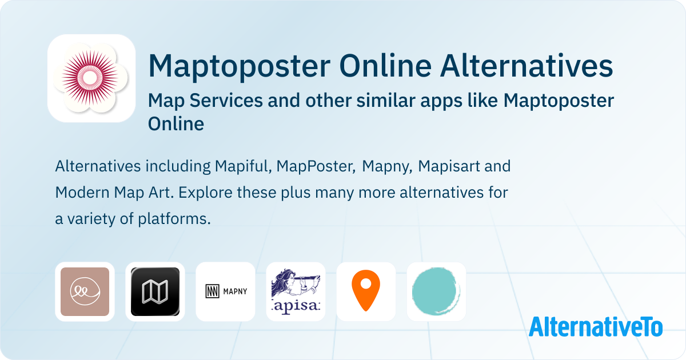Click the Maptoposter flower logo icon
pyautogui.click(x=91, y=78)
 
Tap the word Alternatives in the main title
pyautogui.click(x=527, y=66)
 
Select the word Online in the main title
pyautogui.click(x=385, y=66)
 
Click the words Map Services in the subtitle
pyautogui.click(x=205, y=101)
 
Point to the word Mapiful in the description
pyautogui.click(x=243, y=166)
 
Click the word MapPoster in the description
pyautogui.click(x=316, y=166)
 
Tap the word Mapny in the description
pyautogui.click(x=387, y=167)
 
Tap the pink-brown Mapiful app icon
pyautogui.click(x=85, y=291)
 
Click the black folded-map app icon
pyautogui.click(x=155, y=291)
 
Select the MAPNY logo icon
pyautogui.click(x=226, y=291)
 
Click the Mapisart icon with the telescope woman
pyautogui.click(x=296, y=291)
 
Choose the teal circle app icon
pyautogui.click(x=436, y=291)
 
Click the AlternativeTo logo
pyautogui.click(x=596, y=327)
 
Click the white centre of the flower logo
pyautogui.click(x=89, y=78)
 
